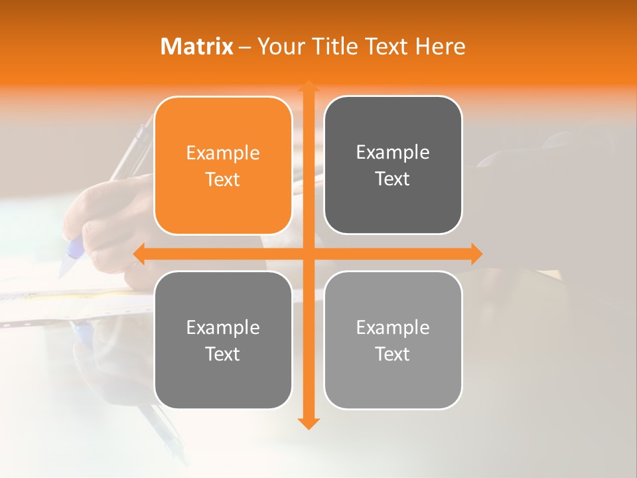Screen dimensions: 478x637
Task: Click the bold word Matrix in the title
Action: tap(197, 46)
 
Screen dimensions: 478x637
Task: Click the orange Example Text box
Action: tap(223, 165)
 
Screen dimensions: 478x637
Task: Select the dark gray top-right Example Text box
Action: tap(393, 165)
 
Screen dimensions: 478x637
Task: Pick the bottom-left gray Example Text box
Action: tap(223, 340)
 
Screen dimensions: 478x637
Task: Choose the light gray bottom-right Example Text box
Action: tap(393, 340)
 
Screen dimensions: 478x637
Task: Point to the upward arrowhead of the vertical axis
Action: tap(308, 86)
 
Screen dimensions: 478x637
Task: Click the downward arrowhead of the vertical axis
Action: tap(308, 422)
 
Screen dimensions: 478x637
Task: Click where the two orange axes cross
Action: tap(308, 254)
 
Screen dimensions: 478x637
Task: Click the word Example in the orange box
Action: tap(223, 153)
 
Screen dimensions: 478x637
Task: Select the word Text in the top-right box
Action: tap(393, 179)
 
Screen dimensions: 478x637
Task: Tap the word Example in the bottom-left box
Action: tap(223, 327)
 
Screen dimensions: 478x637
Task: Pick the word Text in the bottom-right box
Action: tap(393, 354)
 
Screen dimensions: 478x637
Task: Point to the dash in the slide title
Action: tap(245, 47)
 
